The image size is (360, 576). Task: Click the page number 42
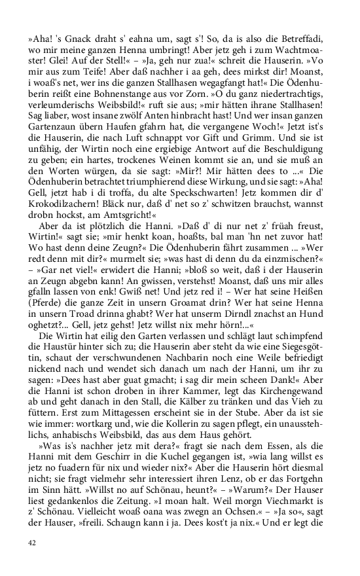(32, 543)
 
